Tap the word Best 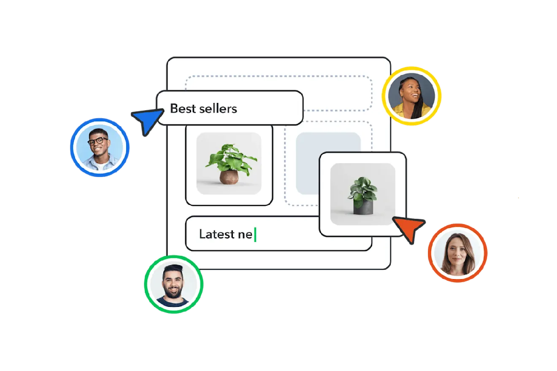tap(183, 108)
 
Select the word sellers tap(218, 108)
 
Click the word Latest tap(216, 234)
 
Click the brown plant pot tap(229, 177)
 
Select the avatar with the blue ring tap(99, 147)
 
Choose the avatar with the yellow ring tap(411, 95)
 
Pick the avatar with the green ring tap(173, 284)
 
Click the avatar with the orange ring tap(457, 253)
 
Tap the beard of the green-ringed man tap(173, 291)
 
